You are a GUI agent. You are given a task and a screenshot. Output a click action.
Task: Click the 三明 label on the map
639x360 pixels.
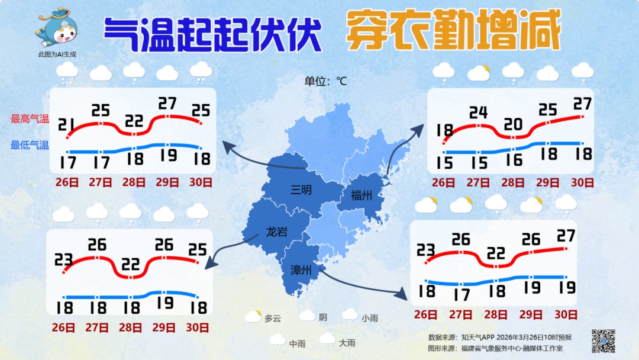301,189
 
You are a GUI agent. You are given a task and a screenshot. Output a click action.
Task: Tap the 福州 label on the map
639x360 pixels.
361,195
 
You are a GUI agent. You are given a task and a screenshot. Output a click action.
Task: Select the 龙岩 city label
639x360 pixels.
276,232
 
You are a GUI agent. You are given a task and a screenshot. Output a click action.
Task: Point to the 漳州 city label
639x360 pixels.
301,270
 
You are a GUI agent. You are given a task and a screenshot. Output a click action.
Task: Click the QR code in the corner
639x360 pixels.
603,341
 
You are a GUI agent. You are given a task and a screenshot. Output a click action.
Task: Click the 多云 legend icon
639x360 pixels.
253,317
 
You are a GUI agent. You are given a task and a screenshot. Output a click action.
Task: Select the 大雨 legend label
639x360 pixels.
347,342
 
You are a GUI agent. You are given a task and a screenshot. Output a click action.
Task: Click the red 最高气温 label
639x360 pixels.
30,119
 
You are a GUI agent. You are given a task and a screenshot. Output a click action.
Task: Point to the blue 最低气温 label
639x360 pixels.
30,145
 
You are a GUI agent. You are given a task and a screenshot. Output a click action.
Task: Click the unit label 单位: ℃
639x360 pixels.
325,82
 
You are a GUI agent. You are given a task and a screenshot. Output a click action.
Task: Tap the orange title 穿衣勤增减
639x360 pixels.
453,31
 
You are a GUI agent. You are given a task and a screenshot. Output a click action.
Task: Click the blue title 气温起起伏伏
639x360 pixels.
212,33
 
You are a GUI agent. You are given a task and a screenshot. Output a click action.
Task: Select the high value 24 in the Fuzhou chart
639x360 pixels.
478,112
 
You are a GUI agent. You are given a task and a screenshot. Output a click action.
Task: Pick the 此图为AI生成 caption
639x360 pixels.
57,54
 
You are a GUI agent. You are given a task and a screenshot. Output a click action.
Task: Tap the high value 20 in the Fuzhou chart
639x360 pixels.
513,124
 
